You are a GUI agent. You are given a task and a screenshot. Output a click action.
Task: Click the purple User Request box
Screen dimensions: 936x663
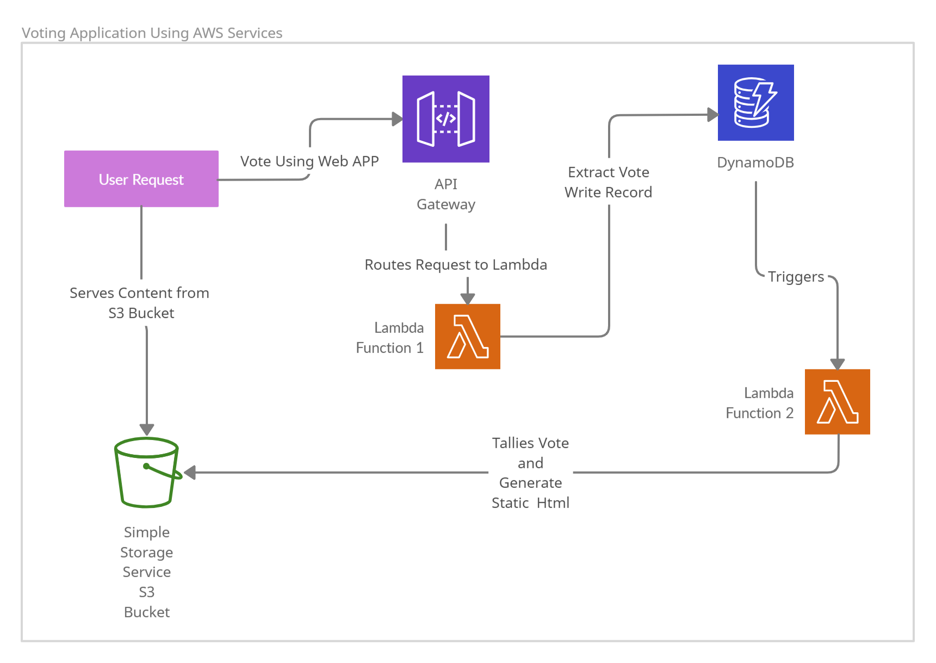point(141,179)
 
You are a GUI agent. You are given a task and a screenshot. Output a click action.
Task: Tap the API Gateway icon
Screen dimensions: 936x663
point(446,119)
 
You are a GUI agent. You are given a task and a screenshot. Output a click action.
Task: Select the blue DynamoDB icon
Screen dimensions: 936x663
point(756,103)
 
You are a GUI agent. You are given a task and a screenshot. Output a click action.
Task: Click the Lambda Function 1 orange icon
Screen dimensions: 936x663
point(468,337)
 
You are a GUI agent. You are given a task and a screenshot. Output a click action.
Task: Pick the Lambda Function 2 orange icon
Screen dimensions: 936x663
point(838,402)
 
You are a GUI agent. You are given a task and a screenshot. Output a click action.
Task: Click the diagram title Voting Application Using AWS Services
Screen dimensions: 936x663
point(152,33)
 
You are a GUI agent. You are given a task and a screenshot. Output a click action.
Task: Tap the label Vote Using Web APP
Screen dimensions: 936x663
point(309,162)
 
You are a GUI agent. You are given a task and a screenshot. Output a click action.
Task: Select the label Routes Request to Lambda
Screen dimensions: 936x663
point(456,265)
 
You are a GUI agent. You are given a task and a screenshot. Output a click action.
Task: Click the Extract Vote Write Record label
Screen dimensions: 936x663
point(609,182)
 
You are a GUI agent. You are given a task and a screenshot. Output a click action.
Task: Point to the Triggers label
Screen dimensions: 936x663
point(796,277)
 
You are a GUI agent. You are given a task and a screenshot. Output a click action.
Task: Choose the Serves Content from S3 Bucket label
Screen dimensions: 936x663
point(140,303)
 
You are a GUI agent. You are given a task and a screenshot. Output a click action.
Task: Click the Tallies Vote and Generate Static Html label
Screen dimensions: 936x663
point(531,473)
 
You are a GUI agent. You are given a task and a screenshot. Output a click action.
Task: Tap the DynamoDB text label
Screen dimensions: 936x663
point(755,163)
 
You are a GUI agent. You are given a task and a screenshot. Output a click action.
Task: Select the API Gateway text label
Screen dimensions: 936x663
point(446,194)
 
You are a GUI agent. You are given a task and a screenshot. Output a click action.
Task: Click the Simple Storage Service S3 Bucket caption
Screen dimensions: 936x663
point(147,572)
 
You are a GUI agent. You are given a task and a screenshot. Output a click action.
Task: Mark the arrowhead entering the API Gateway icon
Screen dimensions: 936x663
point(398,119)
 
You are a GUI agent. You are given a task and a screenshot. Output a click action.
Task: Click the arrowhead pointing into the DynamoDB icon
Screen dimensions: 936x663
point(713,115)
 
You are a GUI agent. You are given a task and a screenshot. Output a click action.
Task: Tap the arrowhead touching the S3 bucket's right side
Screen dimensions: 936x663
point(190,473)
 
